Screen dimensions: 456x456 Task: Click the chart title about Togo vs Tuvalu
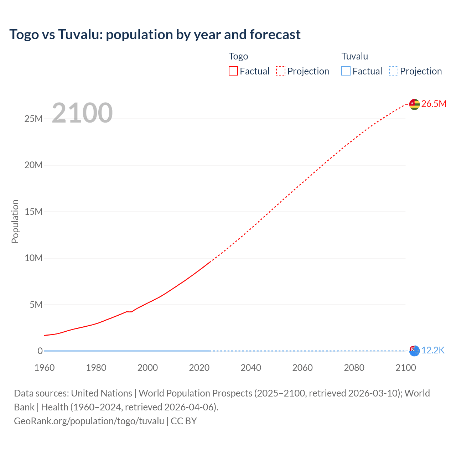pos(155,35)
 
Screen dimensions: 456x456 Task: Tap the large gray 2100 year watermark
pos(82,113)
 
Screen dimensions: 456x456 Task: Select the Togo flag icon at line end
pos(414,104)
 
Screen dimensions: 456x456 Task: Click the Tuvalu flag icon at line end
pos(414,351)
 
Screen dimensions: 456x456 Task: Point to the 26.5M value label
pos(434,104)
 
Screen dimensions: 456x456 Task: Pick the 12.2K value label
pos(433,351)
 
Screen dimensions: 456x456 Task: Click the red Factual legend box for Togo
pos(233,71)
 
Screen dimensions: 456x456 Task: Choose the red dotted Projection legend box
pos(281,71)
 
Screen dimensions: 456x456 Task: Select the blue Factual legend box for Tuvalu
pos(346,71)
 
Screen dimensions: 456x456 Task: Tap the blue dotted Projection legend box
pos(394,71)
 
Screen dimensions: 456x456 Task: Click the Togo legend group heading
pos(238,56)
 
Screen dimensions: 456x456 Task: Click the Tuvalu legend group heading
pos(354,56)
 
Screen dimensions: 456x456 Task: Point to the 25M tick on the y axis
pos(33,119)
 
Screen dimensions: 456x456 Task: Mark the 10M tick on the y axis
pos(33,258)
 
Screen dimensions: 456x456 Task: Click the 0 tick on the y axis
pos(40,351)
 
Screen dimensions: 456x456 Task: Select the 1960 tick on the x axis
pos(45,368)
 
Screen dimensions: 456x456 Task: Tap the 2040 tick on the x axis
pos(251,368)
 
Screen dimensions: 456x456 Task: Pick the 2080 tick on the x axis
pos(354,368)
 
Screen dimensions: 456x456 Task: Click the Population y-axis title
pos(15,221)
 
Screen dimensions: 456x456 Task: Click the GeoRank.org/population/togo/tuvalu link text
pos(89,421)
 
